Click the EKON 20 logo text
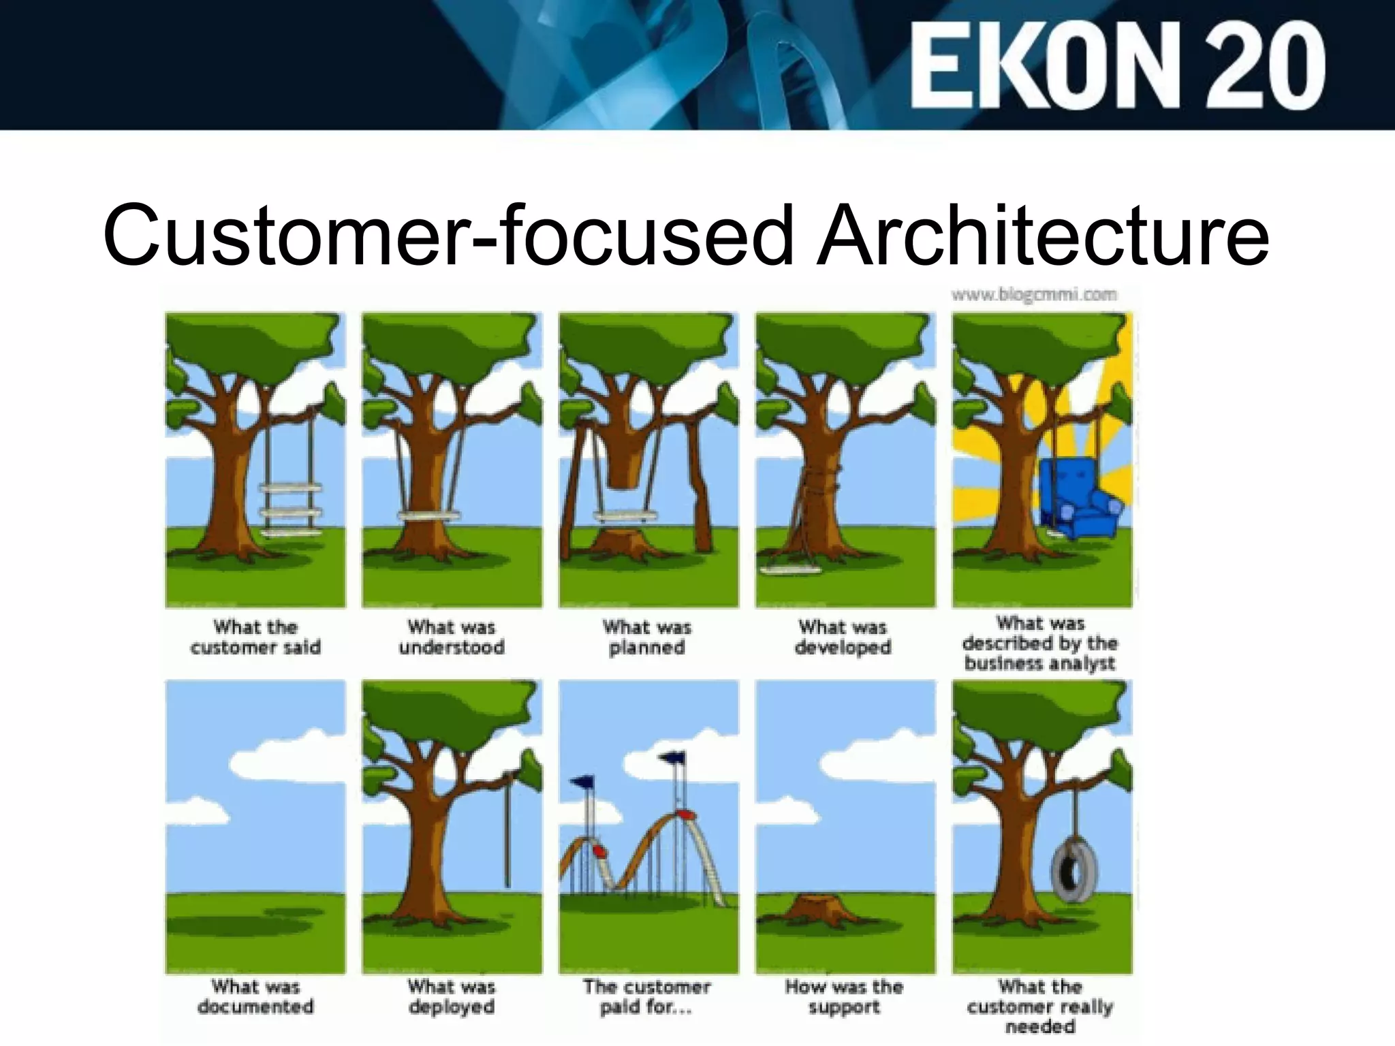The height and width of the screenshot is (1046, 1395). coord(1117,65)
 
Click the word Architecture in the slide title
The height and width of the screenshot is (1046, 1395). coord(1043,235)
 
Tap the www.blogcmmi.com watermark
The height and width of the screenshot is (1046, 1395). coord(1034,295)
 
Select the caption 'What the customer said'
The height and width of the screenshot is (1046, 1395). coord(255,637)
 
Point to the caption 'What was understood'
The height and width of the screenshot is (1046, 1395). coord(452,637)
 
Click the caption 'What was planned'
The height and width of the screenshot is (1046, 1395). coord(647,637)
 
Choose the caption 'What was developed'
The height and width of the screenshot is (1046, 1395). coord(843,637)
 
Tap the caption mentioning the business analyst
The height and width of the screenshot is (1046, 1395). coord(1039,644)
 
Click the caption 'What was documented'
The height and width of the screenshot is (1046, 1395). coord(255,996)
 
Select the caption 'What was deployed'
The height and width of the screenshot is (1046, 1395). coord(452,996)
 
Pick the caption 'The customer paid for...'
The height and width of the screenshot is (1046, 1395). coord(647,996)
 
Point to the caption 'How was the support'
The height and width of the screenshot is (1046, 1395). coord(843,996)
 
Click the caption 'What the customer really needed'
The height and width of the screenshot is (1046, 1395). coord(1039,1007)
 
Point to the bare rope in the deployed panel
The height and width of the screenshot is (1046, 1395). coord(508,831)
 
